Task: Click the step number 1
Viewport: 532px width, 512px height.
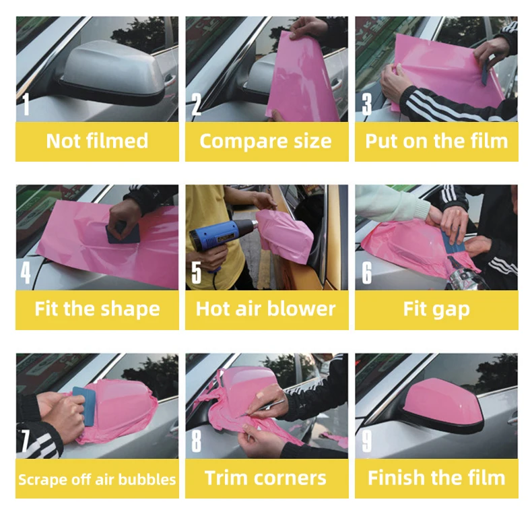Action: (x=26, y=104)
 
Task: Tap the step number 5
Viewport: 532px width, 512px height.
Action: (x=197, y=272)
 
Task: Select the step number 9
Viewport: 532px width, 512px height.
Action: (x=367, y=441)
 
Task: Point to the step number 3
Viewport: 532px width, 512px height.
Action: (x=366, y=104)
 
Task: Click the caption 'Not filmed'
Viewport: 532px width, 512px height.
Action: (x=98, y=141)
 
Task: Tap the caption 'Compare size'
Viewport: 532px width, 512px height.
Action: (x=265, y=141)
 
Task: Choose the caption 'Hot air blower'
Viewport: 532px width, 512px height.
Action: (x=265, y=309)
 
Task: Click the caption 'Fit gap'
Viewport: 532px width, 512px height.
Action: (x=436, y=310)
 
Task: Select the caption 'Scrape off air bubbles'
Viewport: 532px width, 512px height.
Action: (x=97, y=479)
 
